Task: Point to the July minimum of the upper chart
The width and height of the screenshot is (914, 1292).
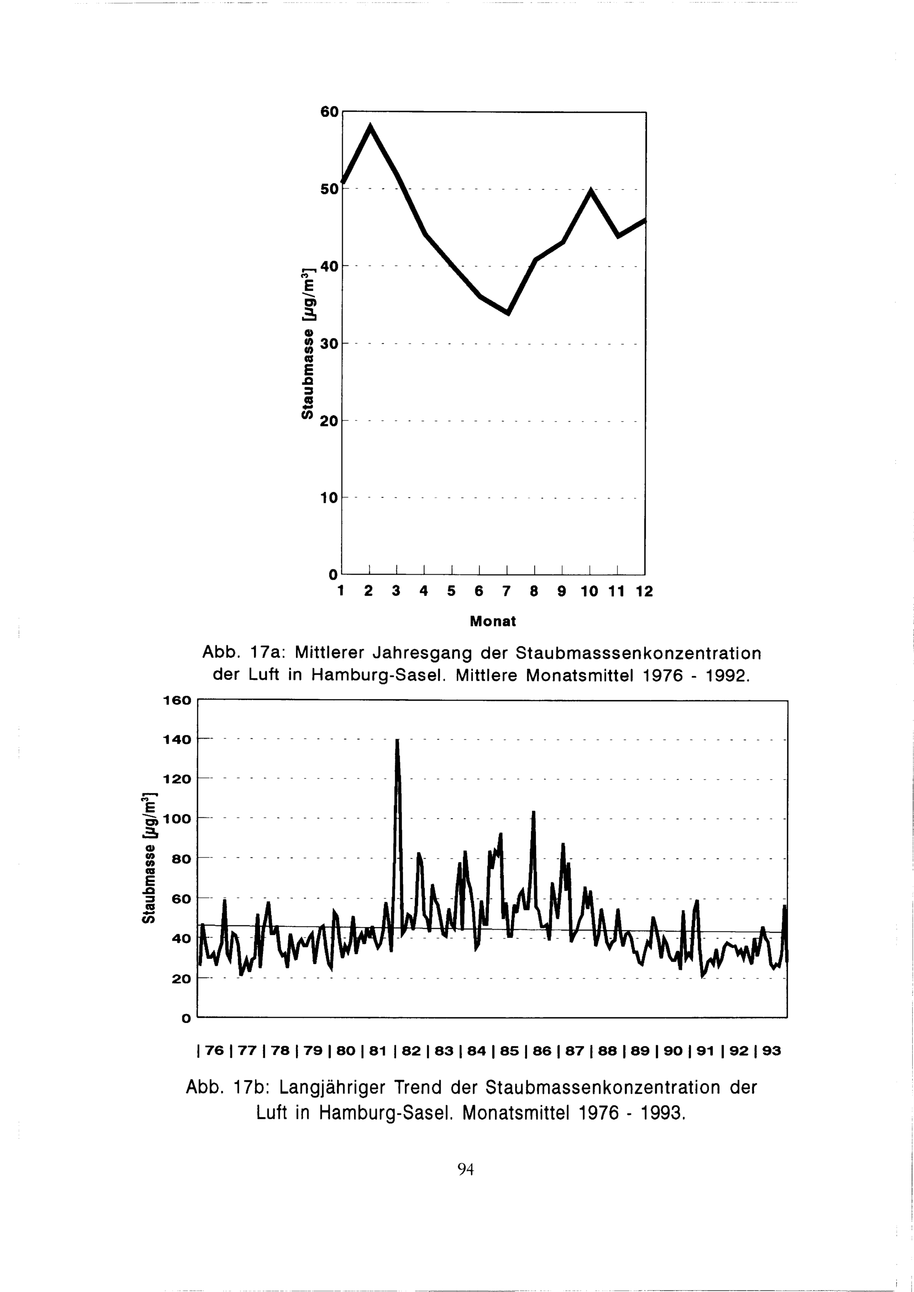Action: point(508,313)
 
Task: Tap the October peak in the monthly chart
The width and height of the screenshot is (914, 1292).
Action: point(590,190)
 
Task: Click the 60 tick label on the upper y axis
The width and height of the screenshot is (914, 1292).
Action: point(329,112)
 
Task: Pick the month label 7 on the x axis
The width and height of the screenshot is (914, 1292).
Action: point(506,592)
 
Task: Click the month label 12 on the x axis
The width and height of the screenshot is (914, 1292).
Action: point(644,592)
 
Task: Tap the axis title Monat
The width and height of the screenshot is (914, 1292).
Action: point(493,621)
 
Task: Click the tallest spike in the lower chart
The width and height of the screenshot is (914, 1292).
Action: point(397,741)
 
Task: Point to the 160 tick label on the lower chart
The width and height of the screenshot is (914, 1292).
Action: point(178,700)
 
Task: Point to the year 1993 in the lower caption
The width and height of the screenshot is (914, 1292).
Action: point(659,1112)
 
